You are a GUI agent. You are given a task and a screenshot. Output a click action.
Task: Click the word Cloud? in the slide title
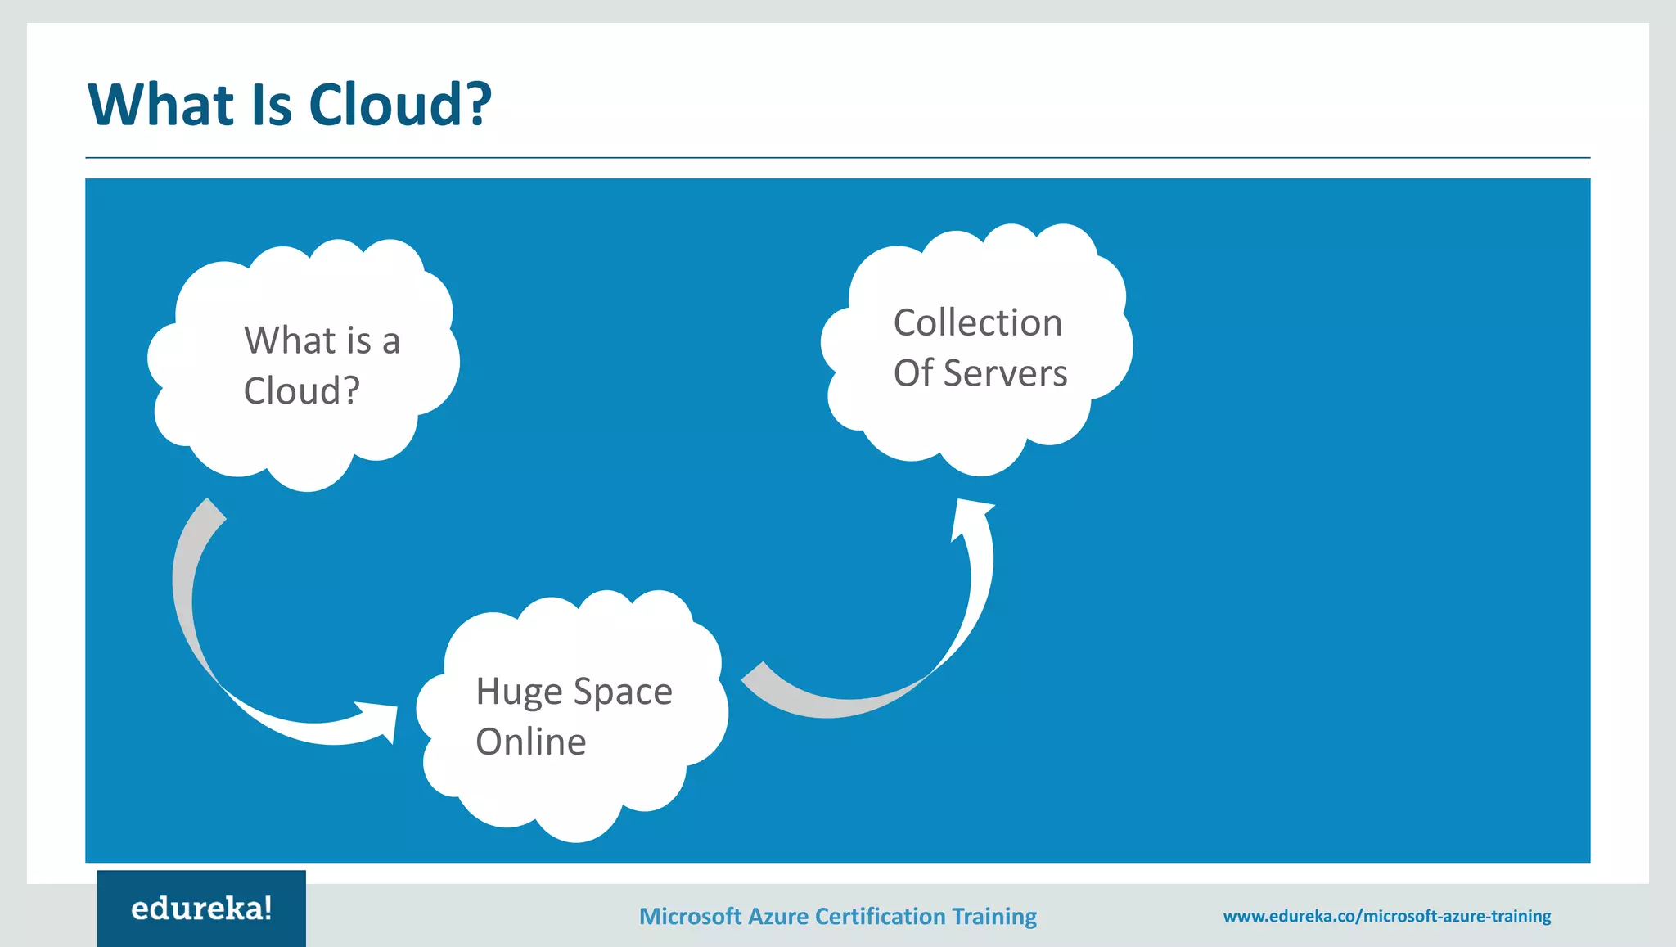(x=399, y=105)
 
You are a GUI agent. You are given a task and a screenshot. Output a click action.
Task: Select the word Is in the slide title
(x=271, y=105)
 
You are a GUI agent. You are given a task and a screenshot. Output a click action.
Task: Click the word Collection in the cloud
(x=978, y=322)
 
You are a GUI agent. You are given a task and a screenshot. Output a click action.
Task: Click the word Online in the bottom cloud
(x=531, y=742)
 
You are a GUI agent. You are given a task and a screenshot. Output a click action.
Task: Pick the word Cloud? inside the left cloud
(x=301, y=390)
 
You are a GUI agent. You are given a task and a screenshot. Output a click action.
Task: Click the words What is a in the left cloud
(x=322, y=340)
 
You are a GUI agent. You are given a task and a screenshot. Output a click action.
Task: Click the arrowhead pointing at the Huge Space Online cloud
(x=383, y=719)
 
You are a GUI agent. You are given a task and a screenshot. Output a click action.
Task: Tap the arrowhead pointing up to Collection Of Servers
(x=971, y=516)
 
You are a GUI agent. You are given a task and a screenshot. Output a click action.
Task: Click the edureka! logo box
(x=201, y=909)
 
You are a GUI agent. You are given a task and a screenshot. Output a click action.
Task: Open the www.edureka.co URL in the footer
(x=1386, y=916)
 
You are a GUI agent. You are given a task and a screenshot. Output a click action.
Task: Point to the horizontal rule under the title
(x=838, y=157)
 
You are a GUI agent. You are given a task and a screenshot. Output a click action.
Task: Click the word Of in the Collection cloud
(x=912, y=373)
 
